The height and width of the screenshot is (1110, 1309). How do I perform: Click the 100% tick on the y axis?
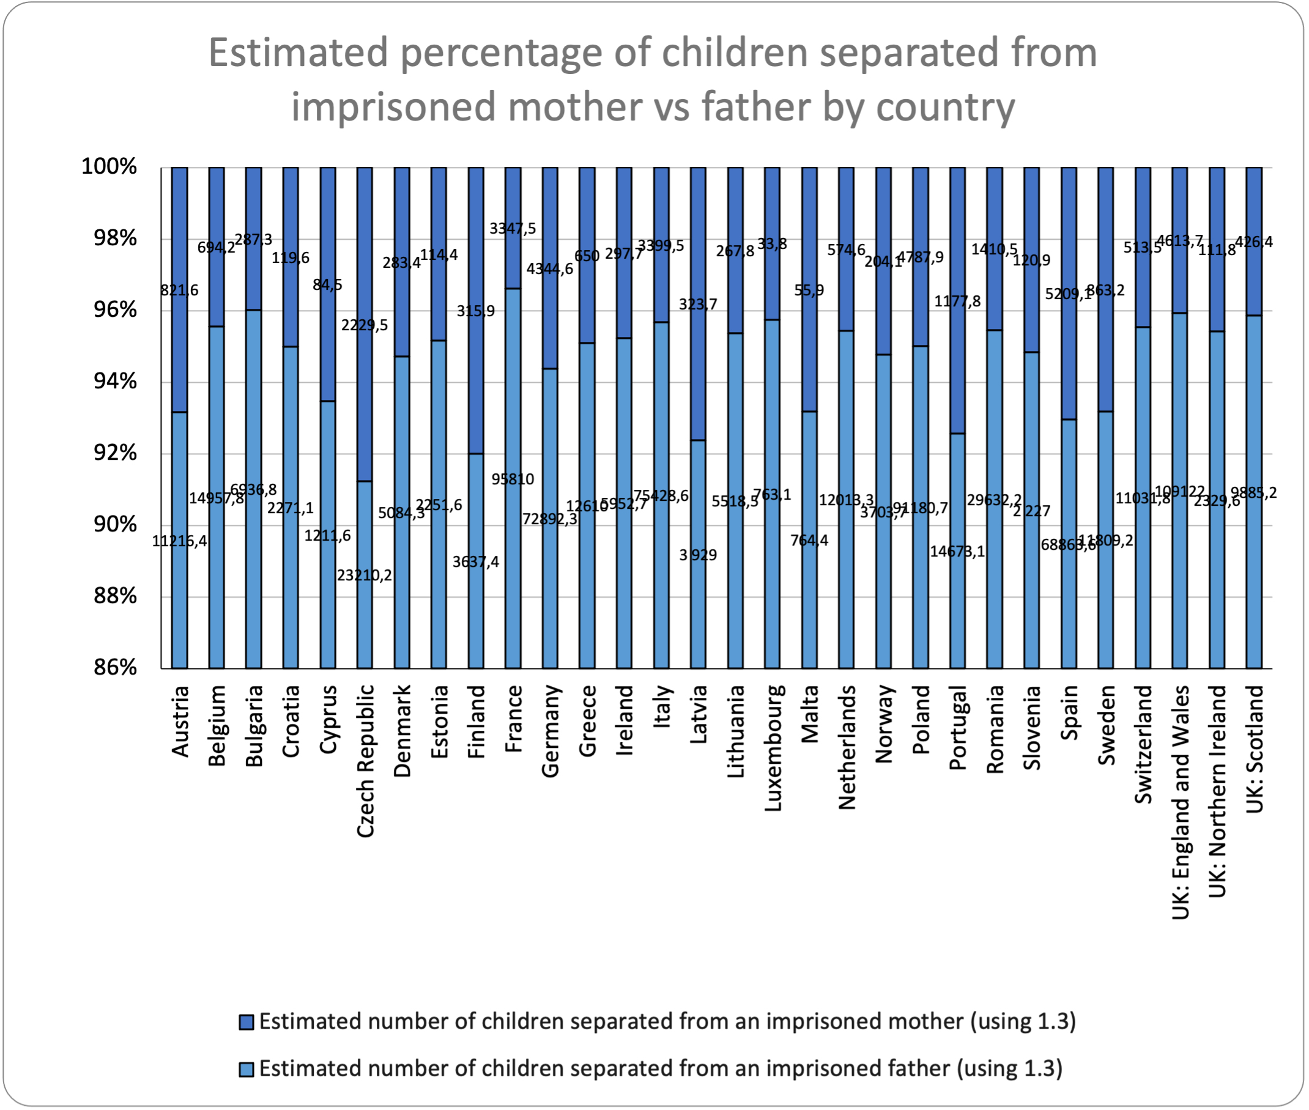[x=109, y=167]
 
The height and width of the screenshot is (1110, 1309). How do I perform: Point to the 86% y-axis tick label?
[x=115, y=667]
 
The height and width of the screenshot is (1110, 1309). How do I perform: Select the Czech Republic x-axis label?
[x=366, y=761]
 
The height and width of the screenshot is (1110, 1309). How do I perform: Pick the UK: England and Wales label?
[x=1181, y=802]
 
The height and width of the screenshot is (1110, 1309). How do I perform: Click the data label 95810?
[x=513, y=479]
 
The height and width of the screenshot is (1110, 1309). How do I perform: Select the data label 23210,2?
[x=365, y=575]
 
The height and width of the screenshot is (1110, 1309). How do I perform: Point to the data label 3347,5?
[x=513, y=228]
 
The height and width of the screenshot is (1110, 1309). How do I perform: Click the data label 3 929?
[x=698, y=555]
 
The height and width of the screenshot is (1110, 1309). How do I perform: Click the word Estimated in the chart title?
[x=299, y=52]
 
